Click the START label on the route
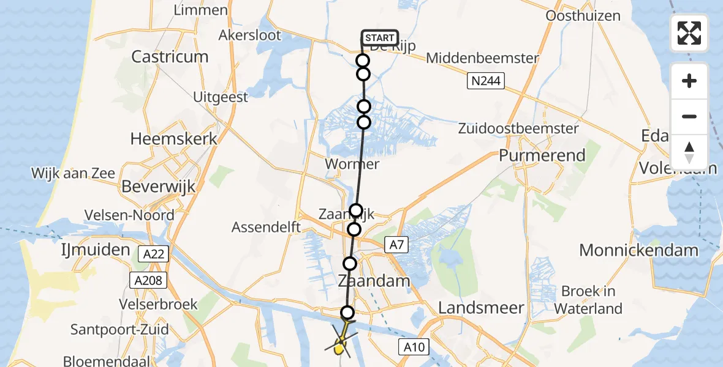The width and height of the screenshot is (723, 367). (x=380, y=38)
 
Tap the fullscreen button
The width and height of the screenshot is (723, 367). (x=689, y=33)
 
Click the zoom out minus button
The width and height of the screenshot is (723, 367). (x=689, y=116)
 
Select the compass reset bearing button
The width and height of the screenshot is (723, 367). (x=689, y=152)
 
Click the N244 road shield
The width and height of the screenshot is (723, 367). (x=485, y=80)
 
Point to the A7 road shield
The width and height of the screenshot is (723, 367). (x=396, y=245)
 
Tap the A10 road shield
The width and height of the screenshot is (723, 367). (x=415, y=347)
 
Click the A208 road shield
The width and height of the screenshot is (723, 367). (x=148, y=281)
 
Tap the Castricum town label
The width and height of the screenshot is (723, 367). (x=170, y=57)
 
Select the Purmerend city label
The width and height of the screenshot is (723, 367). (x=542, y=155)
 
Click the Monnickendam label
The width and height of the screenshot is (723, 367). (x=638, y=250)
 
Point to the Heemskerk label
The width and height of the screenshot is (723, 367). (x=174, y=139)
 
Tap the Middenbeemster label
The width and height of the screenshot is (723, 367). (x=482, y=59)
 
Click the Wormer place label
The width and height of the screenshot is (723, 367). (x=352, y=164)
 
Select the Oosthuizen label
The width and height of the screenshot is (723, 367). (x=583, y=16)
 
